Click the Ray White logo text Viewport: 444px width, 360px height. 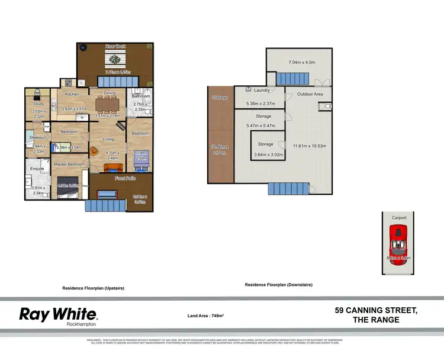point(58,314)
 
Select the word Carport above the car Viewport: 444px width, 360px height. point(399,217)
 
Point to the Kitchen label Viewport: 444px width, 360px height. point(72,94)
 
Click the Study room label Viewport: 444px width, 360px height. point(37,104)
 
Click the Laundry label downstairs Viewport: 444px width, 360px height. point(262,91)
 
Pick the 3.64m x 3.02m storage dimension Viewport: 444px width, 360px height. point(266,155)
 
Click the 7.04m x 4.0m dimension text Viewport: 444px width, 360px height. point(301,62)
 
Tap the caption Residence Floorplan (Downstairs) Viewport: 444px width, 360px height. point(278,285)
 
